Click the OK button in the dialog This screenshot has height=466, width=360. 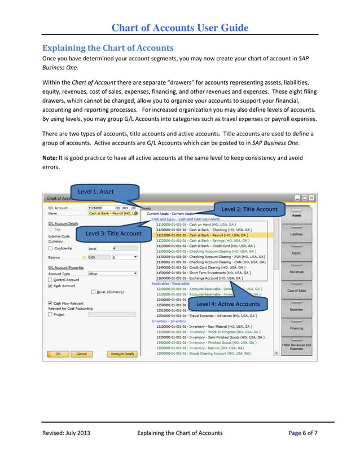click(58, 354)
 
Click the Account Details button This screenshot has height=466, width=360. click(122, 354)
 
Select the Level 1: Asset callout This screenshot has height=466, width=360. click(96, 192)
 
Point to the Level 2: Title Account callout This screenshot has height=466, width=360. click(249, 209)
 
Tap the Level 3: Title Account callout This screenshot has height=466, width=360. click(113, 234)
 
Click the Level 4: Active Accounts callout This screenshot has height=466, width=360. click(228, 304)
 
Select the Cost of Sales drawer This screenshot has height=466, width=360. click(296, 290)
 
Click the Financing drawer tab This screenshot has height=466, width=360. click(296, 327)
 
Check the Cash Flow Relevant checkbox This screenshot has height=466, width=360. click(50, 304)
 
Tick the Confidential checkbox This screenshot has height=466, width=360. click(51, 248)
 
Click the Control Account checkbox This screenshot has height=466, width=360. click(51, 280)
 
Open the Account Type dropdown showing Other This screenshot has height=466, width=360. click(113, 274)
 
